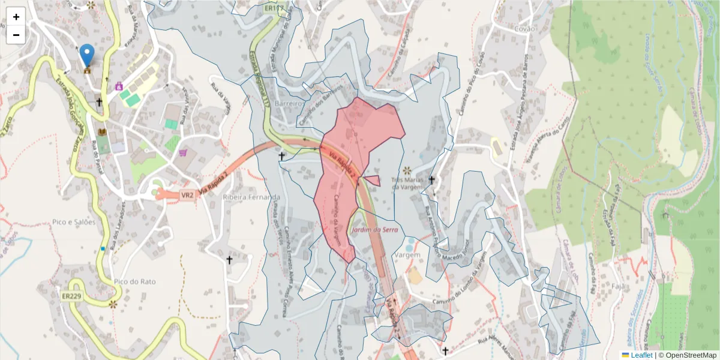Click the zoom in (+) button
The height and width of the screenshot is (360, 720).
pyautogui.click(x=16, y=17)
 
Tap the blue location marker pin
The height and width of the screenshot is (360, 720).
pyautogui.click(x=87, y=56)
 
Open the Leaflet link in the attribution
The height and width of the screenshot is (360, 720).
pyautogui.click(x=641, y=355)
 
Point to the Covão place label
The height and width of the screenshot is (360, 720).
pyautogui.click(x=524, y=28)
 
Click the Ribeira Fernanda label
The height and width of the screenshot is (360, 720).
pyautogui.click(x=251, y=197)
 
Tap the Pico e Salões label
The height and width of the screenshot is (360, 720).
pyautogui.click(x=74, y=222)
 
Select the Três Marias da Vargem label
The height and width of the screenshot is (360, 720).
pyautogui.click(x=408, y=183)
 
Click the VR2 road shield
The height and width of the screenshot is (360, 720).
pyautogui.click(x=188, y=195)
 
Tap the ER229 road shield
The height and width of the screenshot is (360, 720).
pyautogui.click(x=71, y=296)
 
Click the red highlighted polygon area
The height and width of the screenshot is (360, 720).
pyautogui.click(x=354, y=138)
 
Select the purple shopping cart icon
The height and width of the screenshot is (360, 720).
pyautogui.click(x=182, y=152)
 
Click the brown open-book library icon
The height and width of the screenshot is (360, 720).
pyautogui.click(x=101, y=131)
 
